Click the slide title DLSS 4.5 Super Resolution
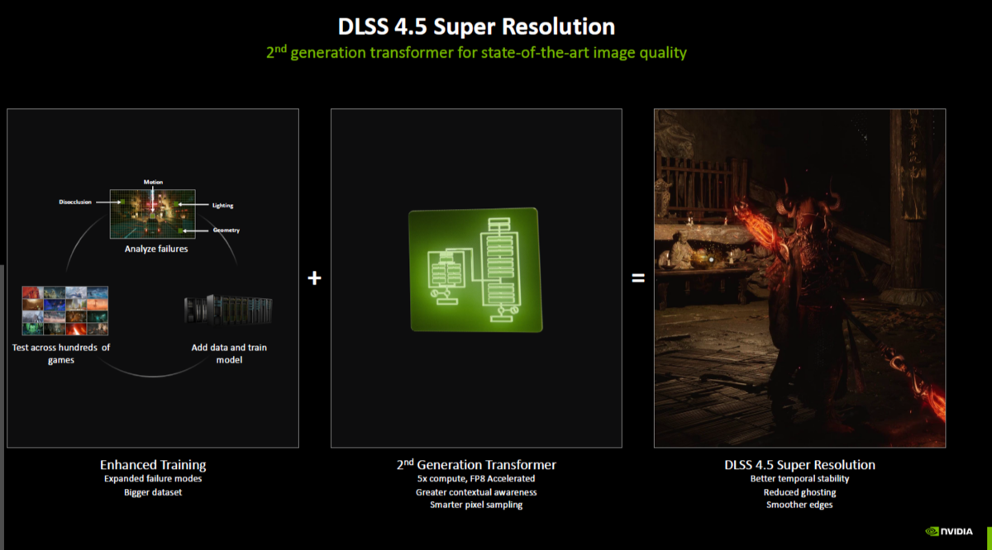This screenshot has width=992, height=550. [x=476, y=26]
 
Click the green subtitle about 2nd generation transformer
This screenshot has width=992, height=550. [x=476, y=53]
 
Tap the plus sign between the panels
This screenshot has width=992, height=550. [x=314, y=278]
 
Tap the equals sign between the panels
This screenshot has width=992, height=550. [x=637, y=278]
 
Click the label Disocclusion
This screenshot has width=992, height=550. [x=75, y=202]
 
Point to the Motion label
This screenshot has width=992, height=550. [x=154, y=182]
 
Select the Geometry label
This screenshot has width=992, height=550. [x=226, y=230]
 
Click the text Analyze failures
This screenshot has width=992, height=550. [x=155, y=249]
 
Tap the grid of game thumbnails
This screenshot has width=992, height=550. [x=65, y=310]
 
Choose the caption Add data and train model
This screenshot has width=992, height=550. [x=229, y=353]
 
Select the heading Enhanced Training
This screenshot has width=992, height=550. [x=153, y=465]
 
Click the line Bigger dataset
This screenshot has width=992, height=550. [x=153, y=492]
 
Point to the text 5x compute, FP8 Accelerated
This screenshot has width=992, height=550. [x=476, y=478]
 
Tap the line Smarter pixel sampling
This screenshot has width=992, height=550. [x=476, y=505]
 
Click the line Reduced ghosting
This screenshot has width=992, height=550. [x=799, y=492]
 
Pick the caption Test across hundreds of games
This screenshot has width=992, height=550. [x=61, y=353]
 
